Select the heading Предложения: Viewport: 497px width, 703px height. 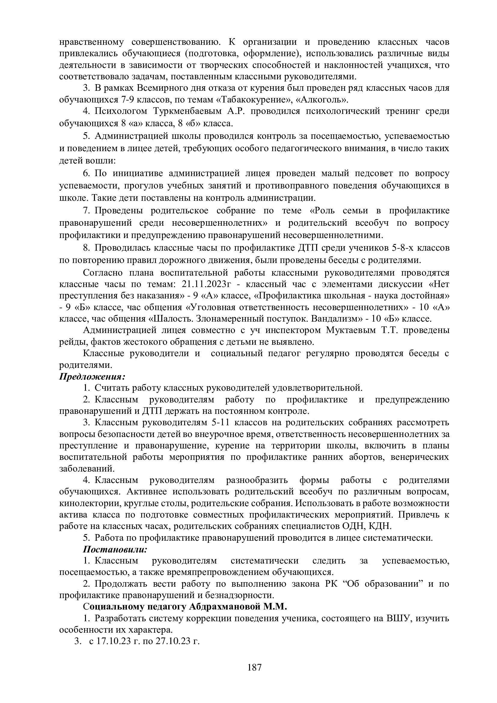(x=92, y=376)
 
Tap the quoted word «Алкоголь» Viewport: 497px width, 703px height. (x=322, y=100)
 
